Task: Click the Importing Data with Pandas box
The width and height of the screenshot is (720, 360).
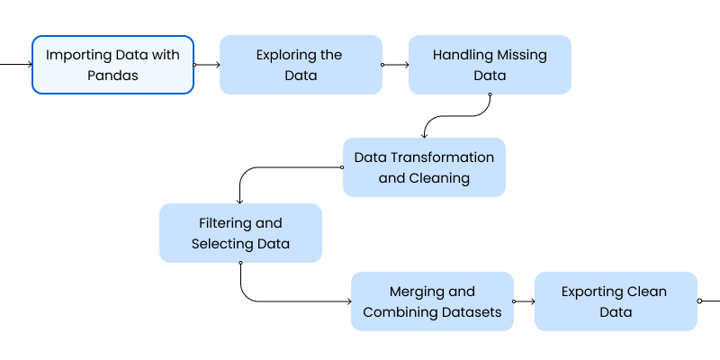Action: [112, 65]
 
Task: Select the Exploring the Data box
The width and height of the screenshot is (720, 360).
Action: [301, 65]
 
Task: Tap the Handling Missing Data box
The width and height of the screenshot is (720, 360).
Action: [490, 65]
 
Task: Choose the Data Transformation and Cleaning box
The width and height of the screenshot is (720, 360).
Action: [424, 167]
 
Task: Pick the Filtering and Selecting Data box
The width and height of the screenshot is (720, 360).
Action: [240, 233]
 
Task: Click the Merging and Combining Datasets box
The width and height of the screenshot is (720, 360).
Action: [432, 301]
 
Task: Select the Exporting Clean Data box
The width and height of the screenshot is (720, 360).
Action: [616, 301]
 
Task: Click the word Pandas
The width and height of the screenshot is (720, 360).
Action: [112, 76]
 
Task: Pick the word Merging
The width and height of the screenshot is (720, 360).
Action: [418, 292]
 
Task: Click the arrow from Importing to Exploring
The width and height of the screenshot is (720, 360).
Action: [207, 65]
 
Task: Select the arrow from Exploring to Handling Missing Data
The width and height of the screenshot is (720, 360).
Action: [396, 65]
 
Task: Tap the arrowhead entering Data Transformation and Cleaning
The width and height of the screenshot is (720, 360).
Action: [425, 134]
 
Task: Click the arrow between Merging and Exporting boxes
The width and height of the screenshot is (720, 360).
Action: [524, 301]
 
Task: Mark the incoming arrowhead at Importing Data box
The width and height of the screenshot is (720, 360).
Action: [29, 65]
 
